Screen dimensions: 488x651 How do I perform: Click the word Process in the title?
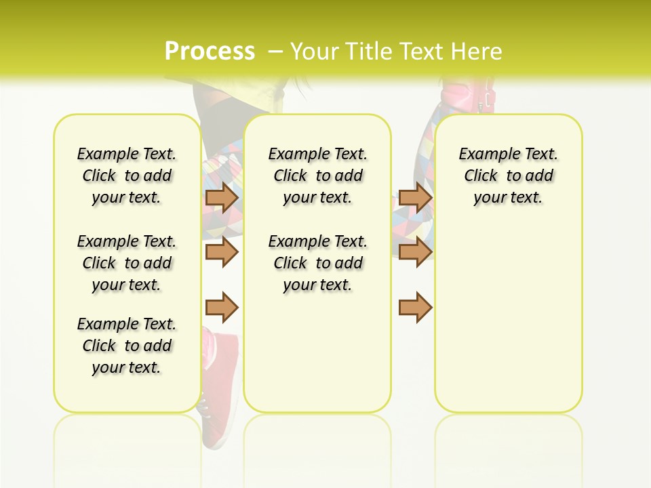[x=210, y=51]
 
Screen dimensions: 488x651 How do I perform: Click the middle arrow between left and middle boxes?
[x=222, y=252]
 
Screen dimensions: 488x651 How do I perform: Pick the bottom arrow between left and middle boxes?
[x=222, y=307]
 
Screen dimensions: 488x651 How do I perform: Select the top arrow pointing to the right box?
[x=415, y=197]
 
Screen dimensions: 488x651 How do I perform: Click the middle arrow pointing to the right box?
[x=415, y=252]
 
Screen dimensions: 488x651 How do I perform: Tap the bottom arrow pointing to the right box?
[x=415, y=307]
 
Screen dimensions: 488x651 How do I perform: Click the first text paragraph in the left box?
[x=127, y=176]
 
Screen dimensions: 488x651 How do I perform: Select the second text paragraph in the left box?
[x=127, y=263]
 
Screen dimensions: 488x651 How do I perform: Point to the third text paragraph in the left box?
[x=127, y=346]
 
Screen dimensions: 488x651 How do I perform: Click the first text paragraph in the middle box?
[x=317, y=176]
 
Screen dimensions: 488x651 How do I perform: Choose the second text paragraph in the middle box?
[x=317, y=263]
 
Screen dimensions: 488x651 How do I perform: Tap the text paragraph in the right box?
[x=508, y=176]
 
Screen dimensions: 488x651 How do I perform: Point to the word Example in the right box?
[x=484, y=155]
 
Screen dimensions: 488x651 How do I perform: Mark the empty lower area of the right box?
[x=508, y=325]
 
